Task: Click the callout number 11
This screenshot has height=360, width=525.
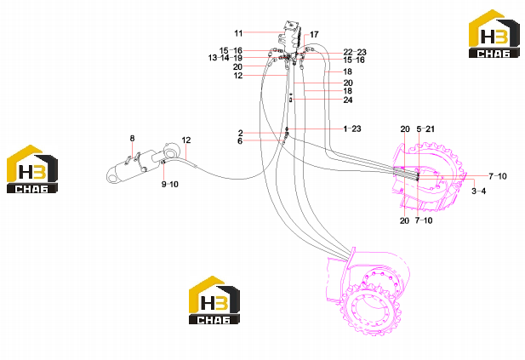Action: (x=238, y=33)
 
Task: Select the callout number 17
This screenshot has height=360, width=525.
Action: (x=314, y=35)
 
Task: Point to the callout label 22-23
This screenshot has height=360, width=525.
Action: (x=355, y=52)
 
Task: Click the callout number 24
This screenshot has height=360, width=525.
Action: (x=348, y=100)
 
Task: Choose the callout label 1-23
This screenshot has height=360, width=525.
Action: (x=352, y=129)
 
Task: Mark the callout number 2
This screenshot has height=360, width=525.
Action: (x=241, y=134)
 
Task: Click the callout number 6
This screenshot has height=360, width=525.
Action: (x=240, y=141)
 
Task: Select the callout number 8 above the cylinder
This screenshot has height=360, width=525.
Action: (x=132, y=139)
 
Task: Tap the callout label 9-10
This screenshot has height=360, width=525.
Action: (x=170, y=184)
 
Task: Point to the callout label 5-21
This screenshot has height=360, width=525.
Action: (x=425, y=129)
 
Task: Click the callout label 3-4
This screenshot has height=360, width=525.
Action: (x=479, y=191)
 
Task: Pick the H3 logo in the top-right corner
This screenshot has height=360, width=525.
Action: (x=494, y=34)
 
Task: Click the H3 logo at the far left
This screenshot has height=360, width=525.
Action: (x=32, y=169)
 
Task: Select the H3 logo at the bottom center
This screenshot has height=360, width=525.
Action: (x=214, y=300)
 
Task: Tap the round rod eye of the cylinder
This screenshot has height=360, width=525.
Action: (x=170, y=152)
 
